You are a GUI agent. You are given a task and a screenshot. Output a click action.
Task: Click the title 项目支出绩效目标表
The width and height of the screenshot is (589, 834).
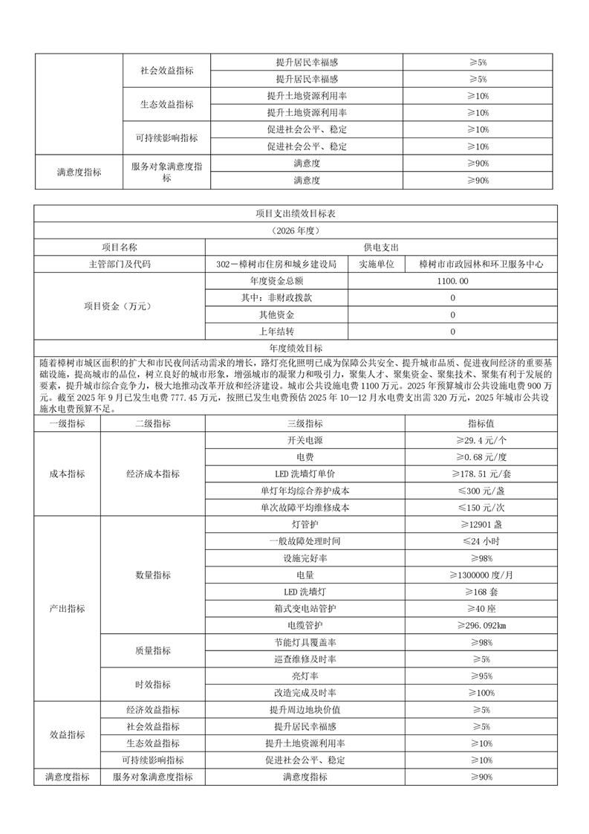coord(295,213)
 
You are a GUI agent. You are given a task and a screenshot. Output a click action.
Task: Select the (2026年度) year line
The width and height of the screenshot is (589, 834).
coord(295,230)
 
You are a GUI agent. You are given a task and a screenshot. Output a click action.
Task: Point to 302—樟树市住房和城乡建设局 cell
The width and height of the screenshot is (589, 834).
coord(276,264)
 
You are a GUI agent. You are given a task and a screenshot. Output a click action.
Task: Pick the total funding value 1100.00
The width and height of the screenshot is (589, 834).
coord(452,281)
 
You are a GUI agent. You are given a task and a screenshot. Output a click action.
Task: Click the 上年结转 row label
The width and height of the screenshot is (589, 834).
coord(276,332)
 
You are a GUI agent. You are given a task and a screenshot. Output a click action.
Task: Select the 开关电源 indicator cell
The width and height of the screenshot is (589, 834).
coord(305,439)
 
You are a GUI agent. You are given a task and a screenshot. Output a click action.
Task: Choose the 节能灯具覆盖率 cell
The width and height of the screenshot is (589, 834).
coord(305,642)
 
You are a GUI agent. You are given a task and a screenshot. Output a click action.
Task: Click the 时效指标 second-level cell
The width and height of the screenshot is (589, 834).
coord(153,685)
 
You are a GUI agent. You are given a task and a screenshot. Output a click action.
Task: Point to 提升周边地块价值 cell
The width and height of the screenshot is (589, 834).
coord(305,710)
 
